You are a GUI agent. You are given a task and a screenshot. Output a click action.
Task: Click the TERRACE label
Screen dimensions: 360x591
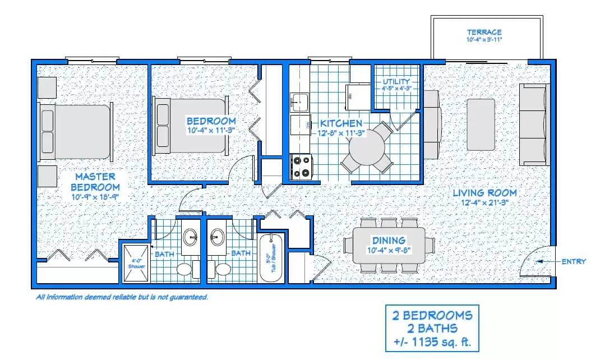(484, 32)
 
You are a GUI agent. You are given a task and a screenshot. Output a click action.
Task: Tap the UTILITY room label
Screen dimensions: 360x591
(396, 81)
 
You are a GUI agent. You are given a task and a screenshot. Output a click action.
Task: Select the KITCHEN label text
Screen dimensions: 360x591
(341, 123)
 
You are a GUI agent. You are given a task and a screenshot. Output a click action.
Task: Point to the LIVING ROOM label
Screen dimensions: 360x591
(484, 193)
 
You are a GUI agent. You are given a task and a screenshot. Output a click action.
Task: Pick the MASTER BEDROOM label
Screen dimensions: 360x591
(96, 182)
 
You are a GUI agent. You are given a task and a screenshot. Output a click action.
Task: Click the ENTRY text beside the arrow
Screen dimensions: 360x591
(572, 261)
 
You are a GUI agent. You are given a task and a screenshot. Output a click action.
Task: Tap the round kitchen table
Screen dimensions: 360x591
(367, 147)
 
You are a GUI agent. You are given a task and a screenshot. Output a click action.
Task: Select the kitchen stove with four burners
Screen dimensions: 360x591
(302, 165)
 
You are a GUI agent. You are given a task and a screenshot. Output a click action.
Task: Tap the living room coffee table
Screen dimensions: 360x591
(481, 124)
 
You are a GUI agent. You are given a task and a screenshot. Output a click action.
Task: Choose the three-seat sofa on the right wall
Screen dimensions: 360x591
(532, 124)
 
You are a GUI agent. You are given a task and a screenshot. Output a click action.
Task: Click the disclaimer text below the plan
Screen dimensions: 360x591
(122, 297)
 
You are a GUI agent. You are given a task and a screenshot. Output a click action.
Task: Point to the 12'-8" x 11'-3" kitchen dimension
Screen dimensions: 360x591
(341, 133)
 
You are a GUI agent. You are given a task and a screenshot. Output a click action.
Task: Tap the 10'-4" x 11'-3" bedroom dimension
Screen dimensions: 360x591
(211, 130)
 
